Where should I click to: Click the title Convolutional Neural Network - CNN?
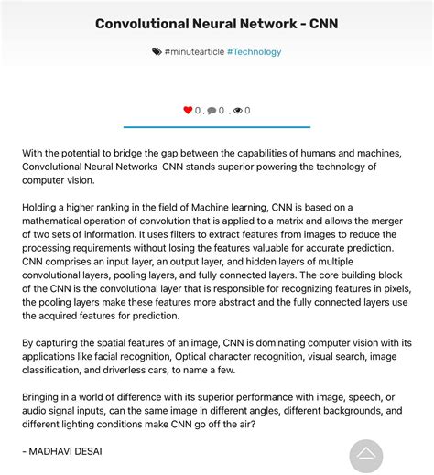(216, 23)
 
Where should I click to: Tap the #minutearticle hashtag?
(194, 52)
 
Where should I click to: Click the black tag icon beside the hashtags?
(157, 52)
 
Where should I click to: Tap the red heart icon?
(188, 111)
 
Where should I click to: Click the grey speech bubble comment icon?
(212, 111)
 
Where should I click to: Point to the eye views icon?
(238, 111)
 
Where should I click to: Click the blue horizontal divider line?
(216, 127)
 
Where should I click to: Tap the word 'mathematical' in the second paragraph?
(59, 221)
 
